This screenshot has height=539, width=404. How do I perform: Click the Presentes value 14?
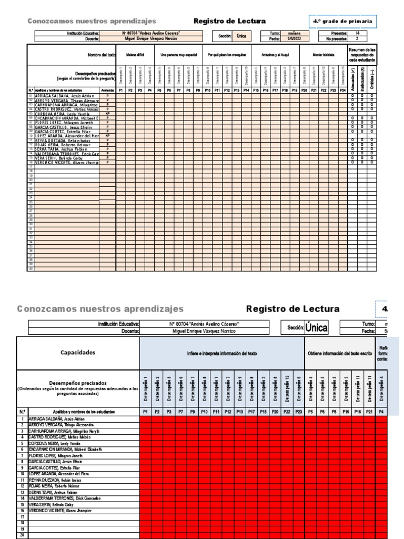tap(358, 33)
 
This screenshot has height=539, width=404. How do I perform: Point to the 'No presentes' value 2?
tap(358, 38)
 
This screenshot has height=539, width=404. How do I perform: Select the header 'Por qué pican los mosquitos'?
tap(227, 55)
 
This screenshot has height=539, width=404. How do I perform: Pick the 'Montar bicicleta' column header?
tap(322, 55)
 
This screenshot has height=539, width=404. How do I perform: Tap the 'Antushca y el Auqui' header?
tap(275, 55)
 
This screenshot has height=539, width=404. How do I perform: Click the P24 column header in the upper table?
tap(342, 91)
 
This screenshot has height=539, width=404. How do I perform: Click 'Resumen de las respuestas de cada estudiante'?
tap(362, 55)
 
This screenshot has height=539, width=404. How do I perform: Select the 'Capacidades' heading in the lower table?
tap(78, 352)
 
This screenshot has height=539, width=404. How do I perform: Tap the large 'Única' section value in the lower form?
tap(316, 328)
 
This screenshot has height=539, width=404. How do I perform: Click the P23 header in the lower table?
tap(299, 412)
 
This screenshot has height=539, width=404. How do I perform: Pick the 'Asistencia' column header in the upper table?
tap(107, 91)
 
